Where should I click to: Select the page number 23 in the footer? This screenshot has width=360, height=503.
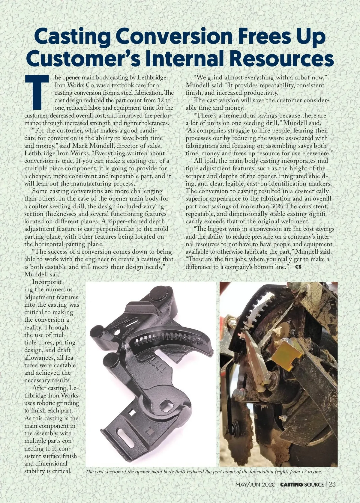[332, 484]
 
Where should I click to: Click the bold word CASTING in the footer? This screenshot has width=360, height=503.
[291, 484]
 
